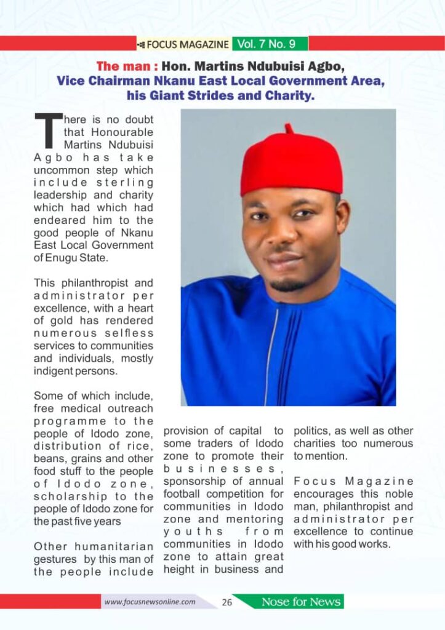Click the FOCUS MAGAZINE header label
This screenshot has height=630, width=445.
click(187, 44)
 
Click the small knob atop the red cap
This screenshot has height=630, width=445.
click(288, 128)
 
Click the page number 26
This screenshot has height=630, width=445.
click(227, 602)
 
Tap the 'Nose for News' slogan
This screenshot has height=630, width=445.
click(301, 602)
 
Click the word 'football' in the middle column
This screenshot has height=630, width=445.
click(182, 493)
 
